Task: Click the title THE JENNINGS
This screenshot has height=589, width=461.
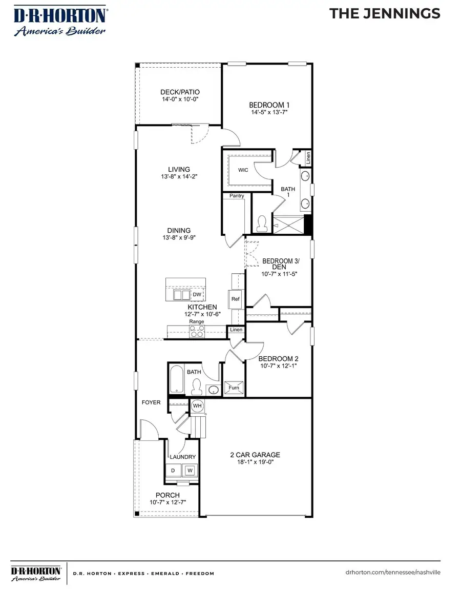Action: tap(385, 14)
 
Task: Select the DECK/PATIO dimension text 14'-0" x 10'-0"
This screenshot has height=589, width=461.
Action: tap(179, 99)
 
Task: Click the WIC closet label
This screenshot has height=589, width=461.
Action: tap(243, 170)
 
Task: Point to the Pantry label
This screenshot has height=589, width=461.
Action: tap(237, 196)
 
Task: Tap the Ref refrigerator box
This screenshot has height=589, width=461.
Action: tap(236, 299)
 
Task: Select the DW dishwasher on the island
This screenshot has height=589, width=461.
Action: tap(197, 295)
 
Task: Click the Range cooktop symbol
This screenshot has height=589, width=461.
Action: tap(197, 332)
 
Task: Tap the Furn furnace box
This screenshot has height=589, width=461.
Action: tap(234, 388)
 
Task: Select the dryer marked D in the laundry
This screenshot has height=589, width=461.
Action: tap(173, 470)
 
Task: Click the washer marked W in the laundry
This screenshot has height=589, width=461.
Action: tap(190, 470)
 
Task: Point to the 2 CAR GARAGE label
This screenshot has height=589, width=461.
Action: tap(255, 455)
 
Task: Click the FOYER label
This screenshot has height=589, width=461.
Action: tap(151, 402)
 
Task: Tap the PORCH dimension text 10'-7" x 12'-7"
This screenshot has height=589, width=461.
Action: tap(167, 502)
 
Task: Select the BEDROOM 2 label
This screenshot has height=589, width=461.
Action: tap(278, 359)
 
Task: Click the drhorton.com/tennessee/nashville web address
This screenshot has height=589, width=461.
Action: tap(393, 573)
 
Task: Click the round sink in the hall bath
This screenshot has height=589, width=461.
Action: tap(213, 391)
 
